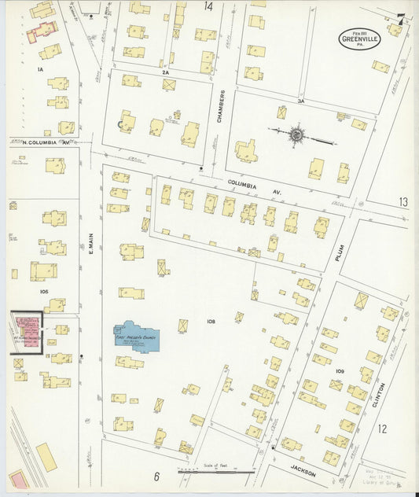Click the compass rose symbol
click(296, 134)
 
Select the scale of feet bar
click(216, 472)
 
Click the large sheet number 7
click(401, 20)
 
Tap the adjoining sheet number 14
click(208, 6)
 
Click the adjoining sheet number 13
click(402, 202)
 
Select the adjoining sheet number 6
click(156, 477)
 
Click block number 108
click(211, 321)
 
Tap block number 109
click(340, 370)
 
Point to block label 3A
click(300, 101)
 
